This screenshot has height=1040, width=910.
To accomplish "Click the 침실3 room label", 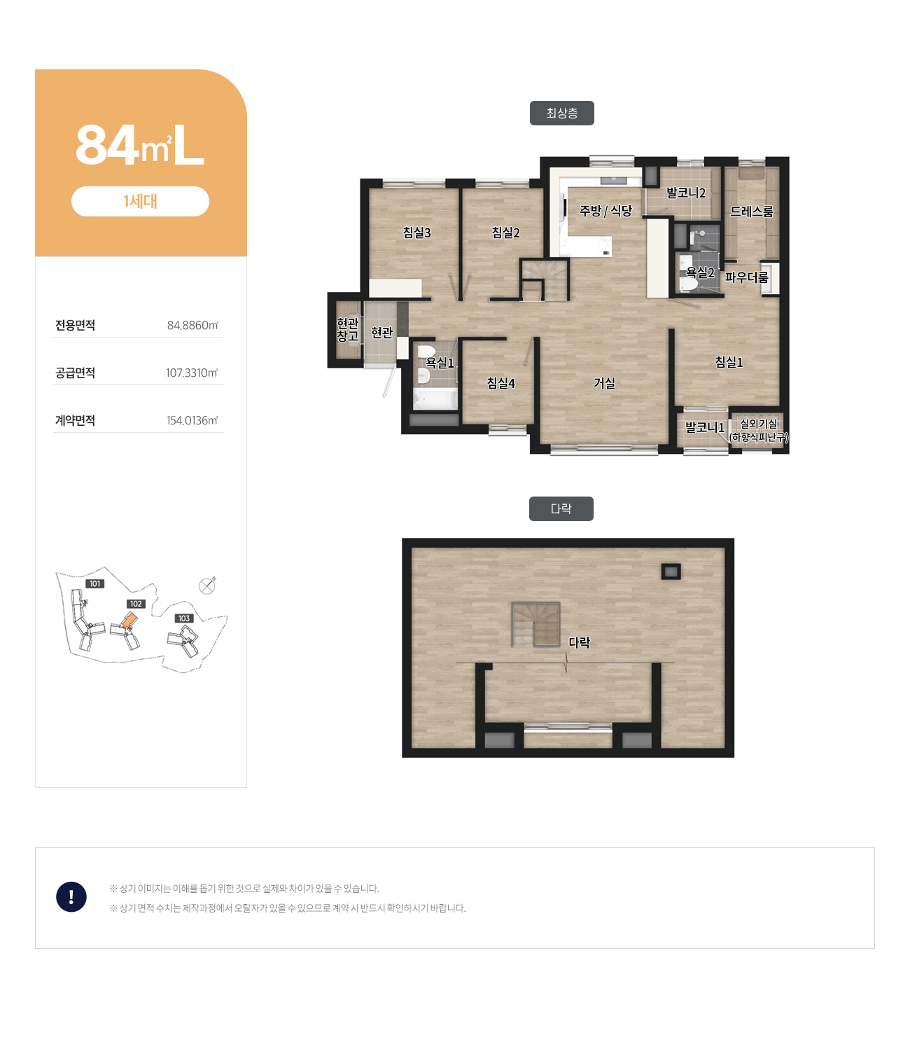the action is [416, 233].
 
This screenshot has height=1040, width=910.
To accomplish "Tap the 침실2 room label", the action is [505, 233].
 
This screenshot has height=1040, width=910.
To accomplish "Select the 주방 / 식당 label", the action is [605, 210].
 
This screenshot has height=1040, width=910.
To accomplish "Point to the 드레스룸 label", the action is [752, 212].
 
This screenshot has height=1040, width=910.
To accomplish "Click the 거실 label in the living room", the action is [604, 383].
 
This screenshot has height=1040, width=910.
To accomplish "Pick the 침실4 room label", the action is [501, 383].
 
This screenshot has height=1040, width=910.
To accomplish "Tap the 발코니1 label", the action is [704, 427].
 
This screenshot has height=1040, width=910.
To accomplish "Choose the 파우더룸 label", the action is [746, 277].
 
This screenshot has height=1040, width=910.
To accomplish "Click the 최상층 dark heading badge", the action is [561, 113].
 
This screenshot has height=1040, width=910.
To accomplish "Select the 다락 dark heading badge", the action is [561, 508].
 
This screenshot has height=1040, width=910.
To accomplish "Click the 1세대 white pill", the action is [140, 201].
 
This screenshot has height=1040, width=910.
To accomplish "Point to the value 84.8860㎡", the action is [192, 326].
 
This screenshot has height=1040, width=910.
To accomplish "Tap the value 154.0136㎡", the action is [192, 420].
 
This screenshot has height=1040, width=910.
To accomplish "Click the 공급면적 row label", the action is [75, 373].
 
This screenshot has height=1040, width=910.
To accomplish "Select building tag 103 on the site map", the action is [184, 618].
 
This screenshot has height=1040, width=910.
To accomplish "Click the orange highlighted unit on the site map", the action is [130, 619].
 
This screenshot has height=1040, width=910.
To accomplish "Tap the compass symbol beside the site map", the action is [206, 586].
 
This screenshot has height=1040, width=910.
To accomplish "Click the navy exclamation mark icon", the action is [71, 896].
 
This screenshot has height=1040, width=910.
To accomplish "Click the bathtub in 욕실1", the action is [435, 398].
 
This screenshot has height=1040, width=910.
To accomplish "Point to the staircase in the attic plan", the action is [535, 624].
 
